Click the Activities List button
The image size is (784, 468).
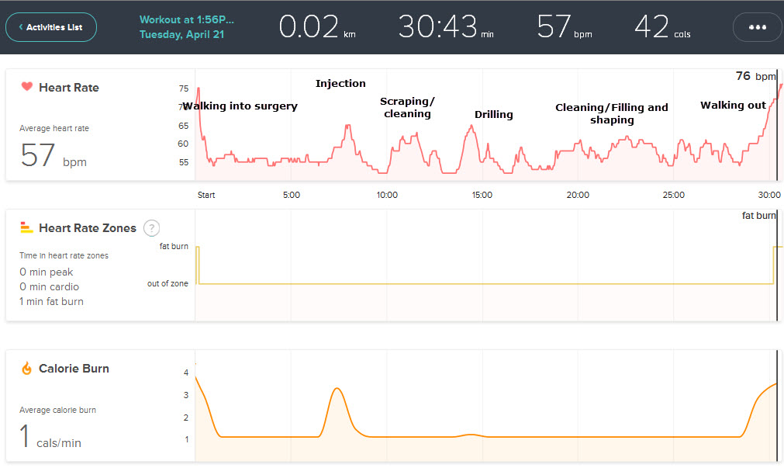51,27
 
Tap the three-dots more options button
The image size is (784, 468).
757,27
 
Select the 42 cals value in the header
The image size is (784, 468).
661,27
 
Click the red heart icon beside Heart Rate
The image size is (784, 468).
26,87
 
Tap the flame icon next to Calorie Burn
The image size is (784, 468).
26,369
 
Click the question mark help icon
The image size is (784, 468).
152,228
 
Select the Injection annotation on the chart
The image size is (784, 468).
340,84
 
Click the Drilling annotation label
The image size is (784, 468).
494,115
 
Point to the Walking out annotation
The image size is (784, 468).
733,106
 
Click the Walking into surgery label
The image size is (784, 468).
240,106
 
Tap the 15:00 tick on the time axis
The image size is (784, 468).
482,195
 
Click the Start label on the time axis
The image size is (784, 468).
206,195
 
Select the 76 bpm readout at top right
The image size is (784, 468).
755,76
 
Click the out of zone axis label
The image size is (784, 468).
168,284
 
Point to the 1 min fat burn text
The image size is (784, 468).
51,301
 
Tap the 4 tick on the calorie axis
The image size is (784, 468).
185,373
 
